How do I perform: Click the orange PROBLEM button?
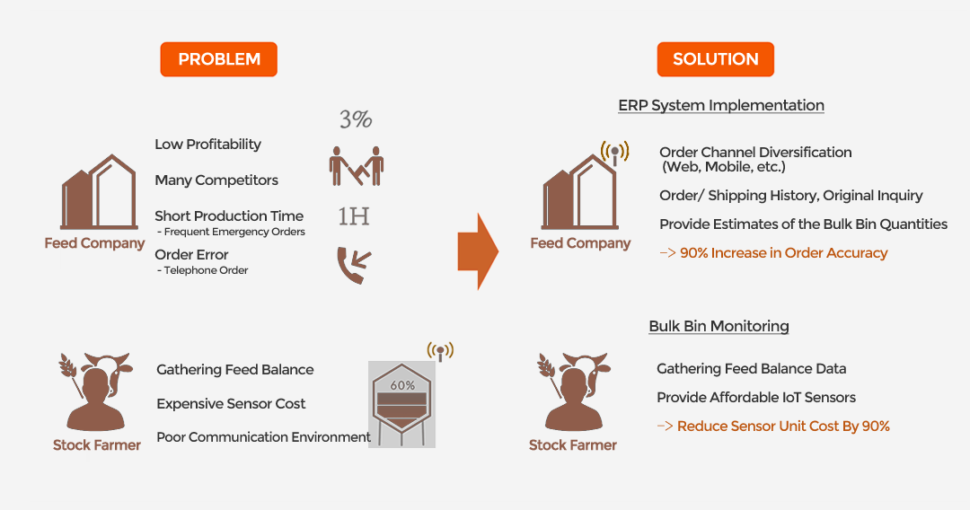[218, 59]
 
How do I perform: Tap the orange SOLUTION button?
[715, 59]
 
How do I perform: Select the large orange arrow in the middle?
[478, 251]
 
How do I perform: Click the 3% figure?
[356, 119]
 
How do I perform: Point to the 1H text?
[354, 216]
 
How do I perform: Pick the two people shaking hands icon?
[357, 166]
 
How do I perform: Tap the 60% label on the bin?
[402, 385]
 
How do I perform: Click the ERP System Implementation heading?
[721, 105]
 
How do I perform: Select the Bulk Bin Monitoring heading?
[719, 326]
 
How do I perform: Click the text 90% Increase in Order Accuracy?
[784, 253]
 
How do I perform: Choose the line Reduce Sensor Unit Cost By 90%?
[783, 426]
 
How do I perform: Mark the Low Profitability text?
[207, 145]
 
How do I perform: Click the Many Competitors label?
[216, 180]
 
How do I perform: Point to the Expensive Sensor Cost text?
[231, 404]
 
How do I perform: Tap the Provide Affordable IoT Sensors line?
[756, 398]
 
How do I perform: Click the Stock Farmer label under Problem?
[96, 445]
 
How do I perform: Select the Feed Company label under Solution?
[580, 243]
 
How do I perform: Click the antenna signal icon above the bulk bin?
[440, 351]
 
